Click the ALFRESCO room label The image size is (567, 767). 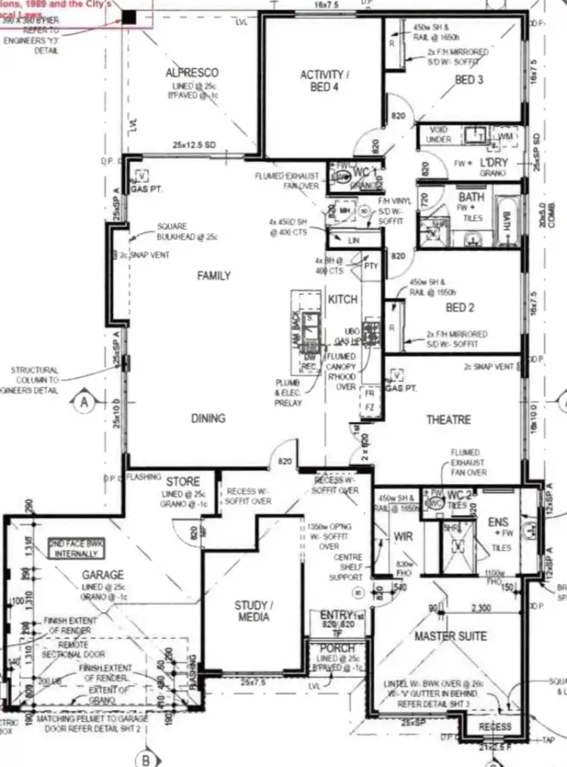(192, 73)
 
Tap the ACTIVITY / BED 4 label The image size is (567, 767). (322, 81)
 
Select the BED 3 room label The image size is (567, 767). (469, 79)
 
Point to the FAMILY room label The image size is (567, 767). (214, 276)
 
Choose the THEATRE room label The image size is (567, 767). (448, 420)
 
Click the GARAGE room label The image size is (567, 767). (103, 575)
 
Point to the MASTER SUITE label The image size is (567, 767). (451, 636)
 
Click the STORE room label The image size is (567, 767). (183, 481)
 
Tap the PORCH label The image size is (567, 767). (337, 648)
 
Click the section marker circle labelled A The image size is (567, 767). (84, 402)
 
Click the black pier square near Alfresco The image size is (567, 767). (129, 17)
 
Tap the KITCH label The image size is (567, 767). (342, 300)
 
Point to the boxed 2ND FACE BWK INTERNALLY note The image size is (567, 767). (78, 549)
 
